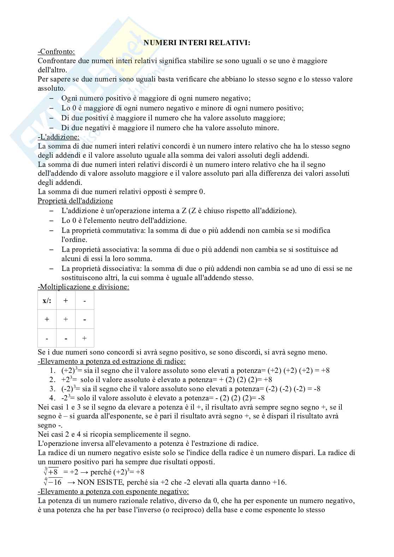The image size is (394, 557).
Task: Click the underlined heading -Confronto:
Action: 56,52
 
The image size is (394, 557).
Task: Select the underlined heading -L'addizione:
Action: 58,137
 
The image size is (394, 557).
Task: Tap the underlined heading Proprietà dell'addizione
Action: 75,201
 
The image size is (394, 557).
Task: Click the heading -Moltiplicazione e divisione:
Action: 83,287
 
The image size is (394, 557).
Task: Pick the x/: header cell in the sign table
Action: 47,301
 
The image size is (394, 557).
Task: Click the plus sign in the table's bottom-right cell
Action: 84,338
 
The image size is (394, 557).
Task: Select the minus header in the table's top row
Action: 84,301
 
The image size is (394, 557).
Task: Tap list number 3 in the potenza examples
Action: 53,389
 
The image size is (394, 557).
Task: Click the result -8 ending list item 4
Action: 261,398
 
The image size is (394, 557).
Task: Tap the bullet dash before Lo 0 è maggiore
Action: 52,108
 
